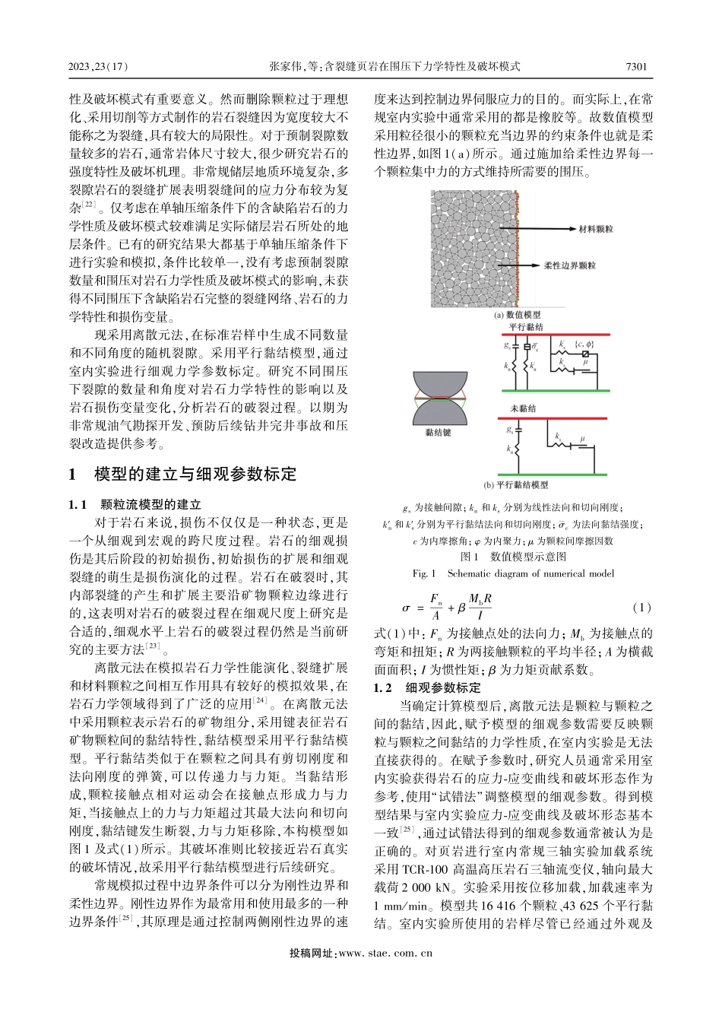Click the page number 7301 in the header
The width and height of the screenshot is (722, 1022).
tap(635, 67)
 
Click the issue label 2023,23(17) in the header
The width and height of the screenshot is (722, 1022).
tap(100, 67)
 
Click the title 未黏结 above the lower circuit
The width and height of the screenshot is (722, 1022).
tap(523, 409)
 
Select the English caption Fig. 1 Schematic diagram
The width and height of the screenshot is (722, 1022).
tap(512, 573)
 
